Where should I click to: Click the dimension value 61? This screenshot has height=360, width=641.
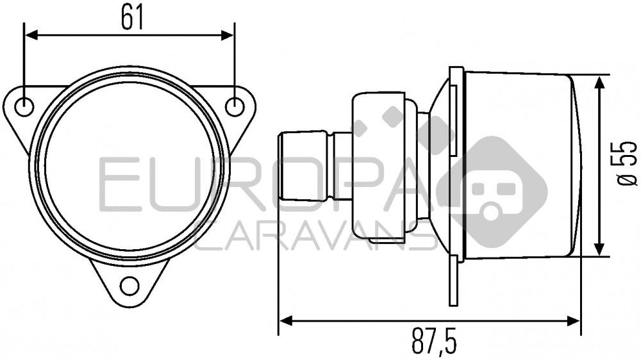(131, 19)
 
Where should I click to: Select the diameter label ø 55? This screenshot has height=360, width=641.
(627, 164)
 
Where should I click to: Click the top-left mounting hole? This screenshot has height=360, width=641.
(24, 107)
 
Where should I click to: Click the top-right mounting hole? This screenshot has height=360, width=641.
(235, 107)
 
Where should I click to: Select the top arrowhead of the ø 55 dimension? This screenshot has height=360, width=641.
(599, 81)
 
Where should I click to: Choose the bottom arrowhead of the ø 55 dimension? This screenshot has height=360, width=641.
(599, 250)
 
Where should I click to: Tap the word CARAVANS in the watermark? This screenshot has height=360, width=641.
(314, 236)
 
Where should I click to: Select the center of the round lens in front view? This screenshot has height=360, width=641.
(129, 165)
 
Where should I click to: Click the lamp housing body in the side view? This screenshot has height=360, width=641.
(519, 165)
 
